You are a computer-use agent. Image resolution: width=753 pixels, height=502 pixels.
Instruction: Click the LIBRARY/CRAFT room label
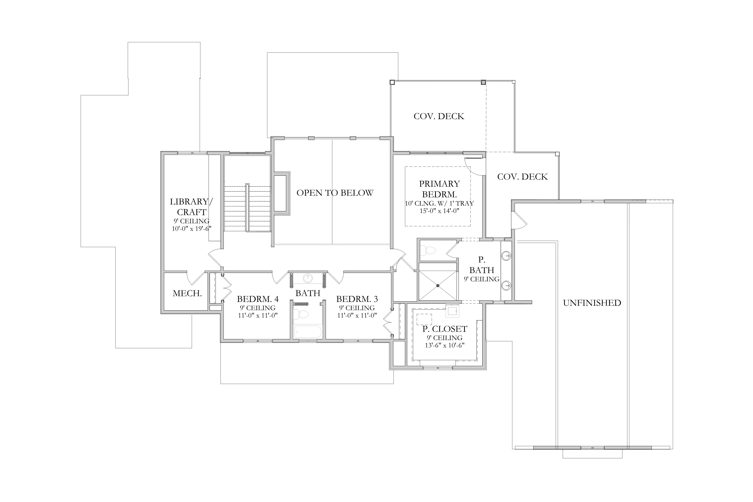pos(191,207)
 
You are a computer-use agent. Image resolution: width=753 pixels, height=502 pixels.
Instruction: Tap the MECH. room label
pos(187,293)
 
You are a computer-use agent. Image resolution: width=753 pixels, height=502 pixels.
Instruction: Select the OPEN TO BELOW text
pos(335,193)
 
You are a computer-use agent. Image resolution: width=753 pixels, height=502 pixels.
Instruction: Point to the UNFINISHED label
pos(592,303)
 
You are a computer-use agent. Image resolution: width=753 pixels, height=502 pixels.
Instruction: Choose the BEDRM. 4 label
pos(258,299)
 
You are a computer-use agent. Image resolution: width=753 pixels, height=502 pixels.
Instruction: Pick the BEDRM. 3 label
pos(357,299)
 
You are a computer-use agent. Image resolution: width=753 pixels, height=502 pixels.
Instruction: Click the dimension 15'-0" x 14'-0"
pos(440,211)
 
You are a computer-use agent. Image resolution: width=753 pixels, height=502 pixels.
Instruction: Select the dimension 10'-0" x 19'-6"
pos(191,228)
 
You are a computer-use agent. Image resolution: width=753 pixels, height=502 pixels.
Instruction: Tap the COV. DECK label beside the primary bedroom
pos(523,177)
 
